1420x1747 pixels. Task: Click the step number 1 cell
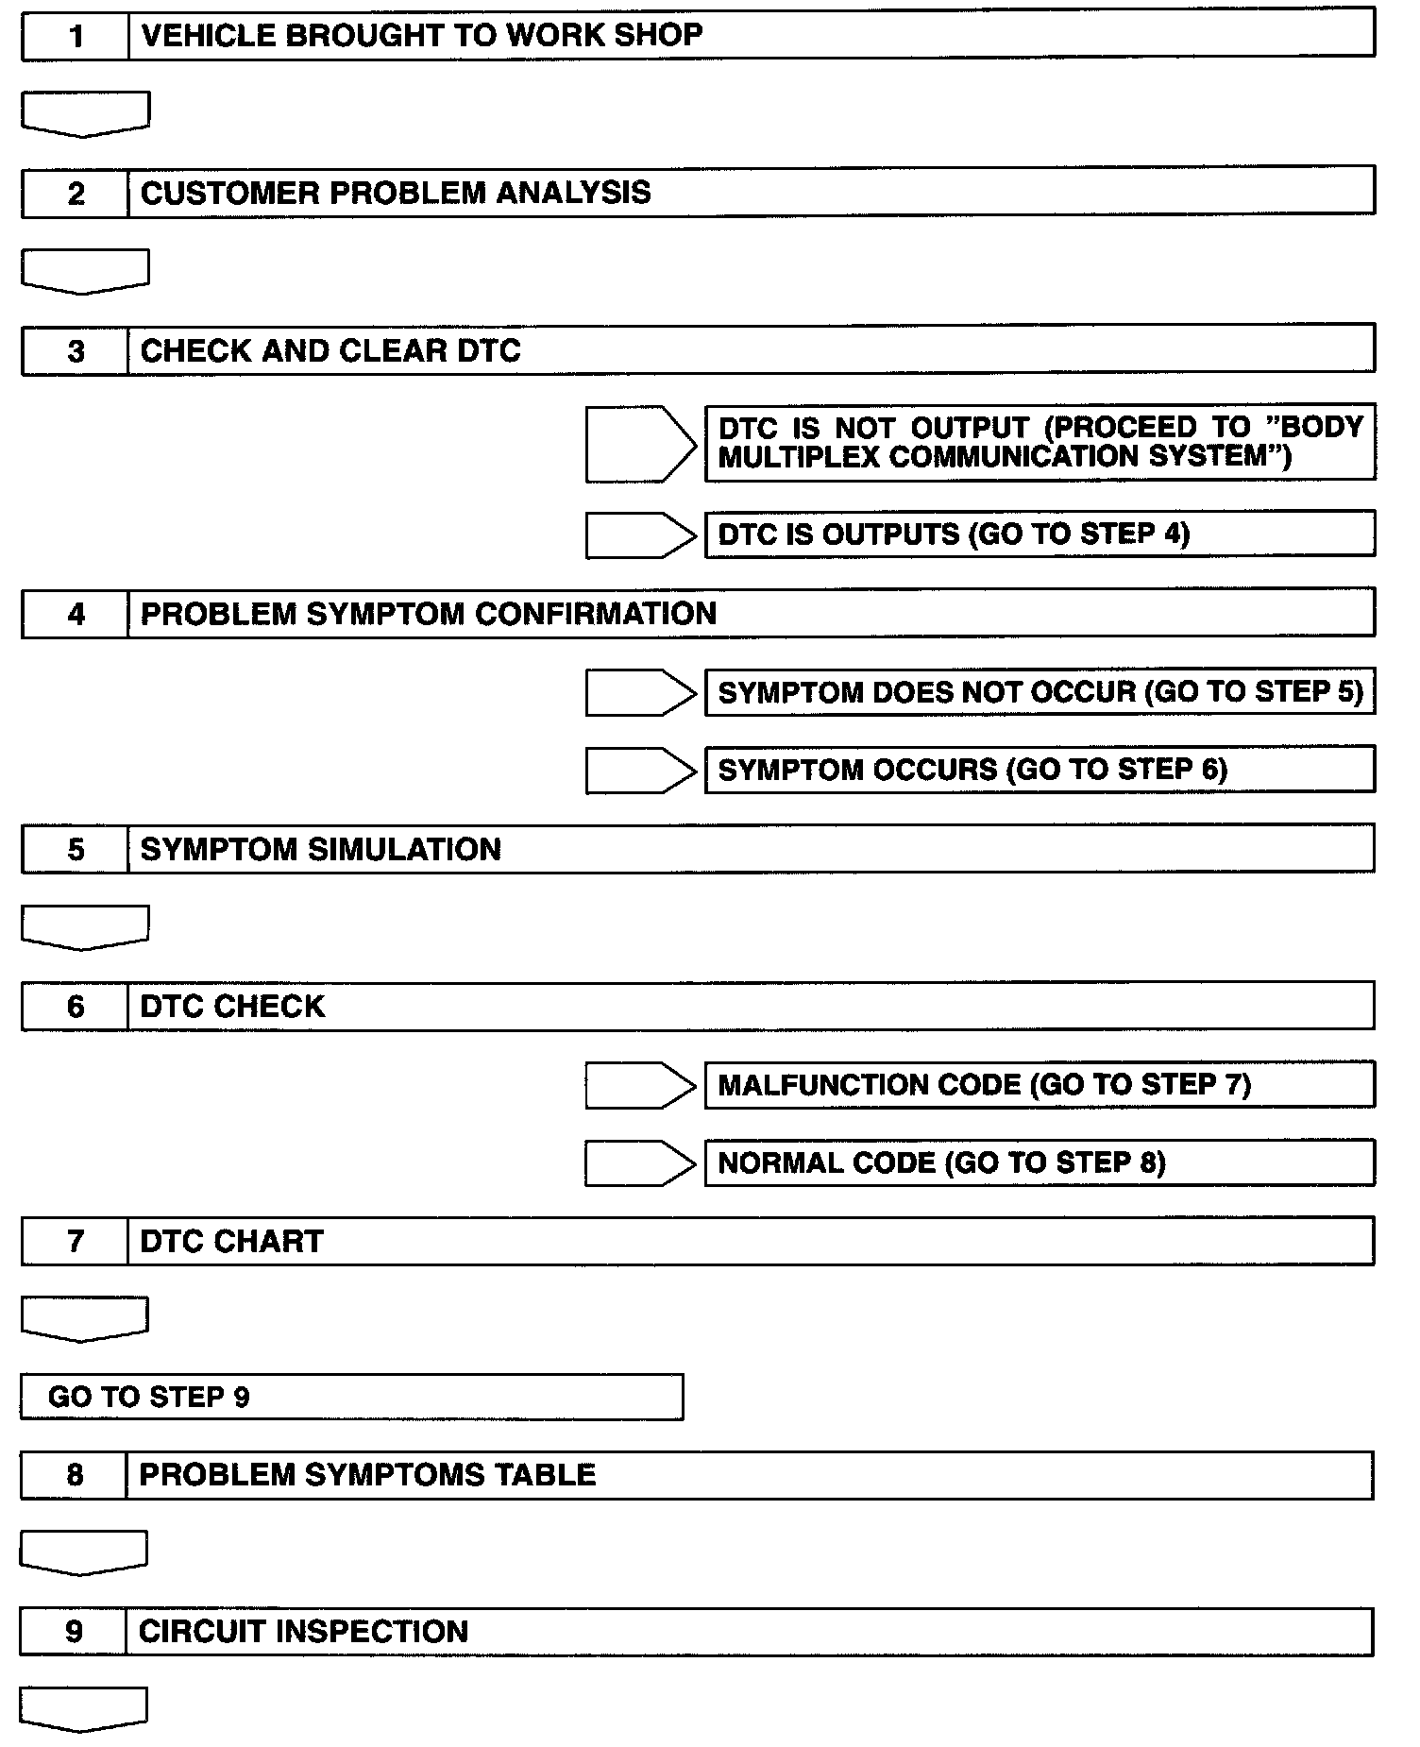pos(76,36)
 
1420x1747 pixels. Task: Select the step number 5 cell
pos(76,849)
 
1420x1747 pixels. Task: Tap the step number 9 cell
pos(74,1631)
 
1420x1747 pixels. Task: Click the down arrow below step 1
pos(85,113)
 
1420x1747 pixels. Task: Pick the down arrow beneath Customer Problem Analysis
pos(85,271)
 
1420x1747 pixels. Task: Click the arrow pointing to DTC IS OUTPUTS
pos(640,535)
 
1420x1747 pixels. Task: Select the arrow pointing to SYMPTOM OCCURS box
pos(640,771)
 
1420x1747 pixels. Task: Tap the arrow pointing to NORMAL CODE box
pos(640,1163)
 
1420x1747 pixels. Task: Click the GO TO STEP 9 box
pos(351,1397)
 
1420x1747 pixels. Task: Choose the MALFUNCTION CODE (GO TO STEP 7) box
pos(1040,1085)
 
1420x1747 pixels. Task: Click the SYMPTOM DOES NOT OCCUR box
pos(1040,692)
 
